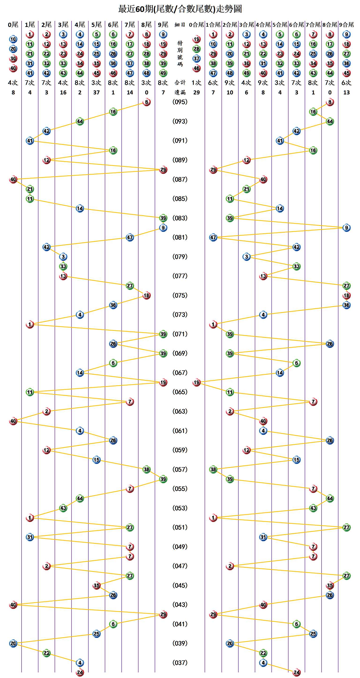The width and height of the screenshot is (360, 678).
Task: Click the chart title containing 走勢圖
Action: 180,9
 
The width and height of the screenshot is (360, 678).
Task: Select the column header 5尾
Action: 96,25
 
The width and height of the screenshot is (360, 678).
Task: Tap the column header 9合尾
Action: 346,25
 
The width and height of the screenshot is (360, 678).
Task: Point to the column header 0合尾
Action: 196,25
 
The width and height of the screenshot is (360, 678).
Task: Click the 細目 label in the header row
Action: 180,25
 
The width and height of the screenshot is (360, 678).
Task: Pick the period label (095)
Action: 180,102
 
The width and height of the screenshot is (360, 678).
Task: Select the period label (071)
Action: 180,334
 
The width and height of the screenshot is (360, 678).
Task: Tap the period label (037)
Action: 180,663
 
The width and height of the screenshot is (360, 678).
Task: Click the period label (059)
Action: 180,450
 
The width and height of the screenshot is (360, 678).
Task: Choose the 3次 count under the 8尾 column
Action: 146,83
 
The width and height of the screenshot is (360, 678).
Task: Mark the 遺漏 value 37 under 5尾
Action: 96,92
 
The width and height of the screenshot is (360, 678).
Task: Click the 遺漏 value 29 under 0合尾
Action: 196,92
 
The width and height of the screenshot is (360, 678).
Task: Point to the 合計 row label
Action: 180,83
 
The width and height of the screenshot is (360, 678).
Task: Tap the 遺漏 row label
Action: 180,92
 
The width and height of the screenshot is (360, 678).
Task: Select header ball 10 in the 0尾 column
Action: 13,39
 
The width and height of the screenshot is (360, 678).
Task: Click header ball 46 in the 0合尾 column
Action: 196,68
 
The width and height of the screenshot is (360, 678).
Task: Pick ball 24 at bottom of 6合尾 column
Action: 296,672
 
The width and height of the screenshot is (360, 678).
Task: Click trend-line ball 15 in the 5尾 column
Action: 96,460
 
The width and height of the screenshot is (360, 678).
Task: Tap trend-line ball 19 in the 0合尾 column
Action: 196,382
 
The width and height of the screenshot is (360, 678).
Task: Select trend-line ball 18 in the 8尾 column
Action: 146,295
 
